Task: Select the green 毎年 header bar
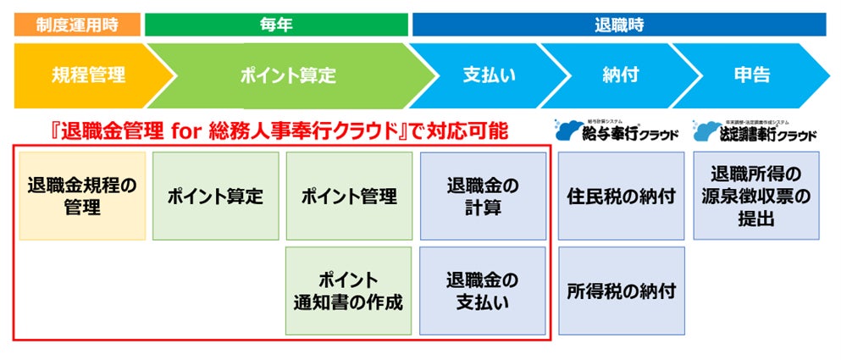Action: tap(276, 25)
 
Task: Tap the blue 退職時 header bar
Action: tap(618, 25)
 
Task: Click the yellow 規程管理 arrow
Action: tap(85, 75)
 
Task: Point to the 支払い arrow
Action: tap(483, 75)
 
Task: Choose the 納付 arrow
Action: tap(614, 75)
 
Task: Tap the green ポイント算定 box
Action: tap(215, 196)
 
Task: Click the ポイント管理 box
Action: tap(349, 196)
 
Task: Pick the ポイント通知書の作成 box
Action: tap(349, 290)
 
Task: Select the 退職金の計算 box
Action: tap(483, 196)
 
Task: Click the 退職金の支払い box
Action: tap(483, 290)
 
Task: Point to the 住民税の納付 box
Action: tap(621, 196)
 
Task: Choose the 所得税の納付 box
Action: tap(621, 290)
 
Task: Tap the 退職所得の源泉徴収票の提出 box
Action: tap(756, 196)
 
